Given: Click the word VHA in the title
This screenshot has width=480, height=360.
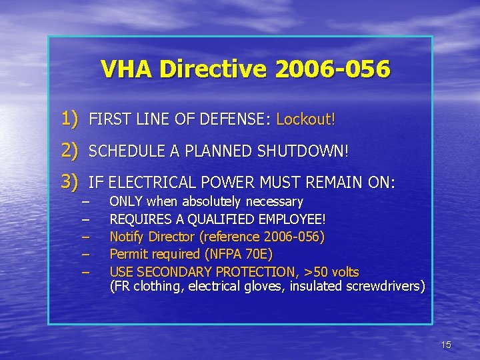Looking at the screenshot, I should point(127,69).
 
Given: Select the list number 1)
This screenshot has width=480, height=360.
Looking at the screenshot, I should point(71,120).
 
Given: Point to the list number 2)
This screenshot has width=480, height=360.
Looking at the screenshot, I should point(71,151).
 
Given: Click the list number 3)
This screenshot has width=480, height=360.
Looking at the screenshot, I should point(71,181).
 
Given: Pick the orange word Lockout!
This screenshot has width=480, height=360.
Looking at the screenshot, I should point(306,120).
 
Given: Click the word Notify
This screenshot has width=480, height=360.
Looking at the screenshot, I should point(127,237).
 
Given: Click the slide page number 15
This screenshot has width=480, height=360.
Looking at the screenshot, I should point(446,345).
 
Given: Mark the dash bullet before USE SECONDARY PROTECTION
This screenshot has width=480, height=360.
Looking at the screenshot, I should point(85,272).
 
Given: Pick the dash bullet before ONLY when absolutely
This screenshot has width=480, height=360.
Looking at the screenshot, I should point(85,201).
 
